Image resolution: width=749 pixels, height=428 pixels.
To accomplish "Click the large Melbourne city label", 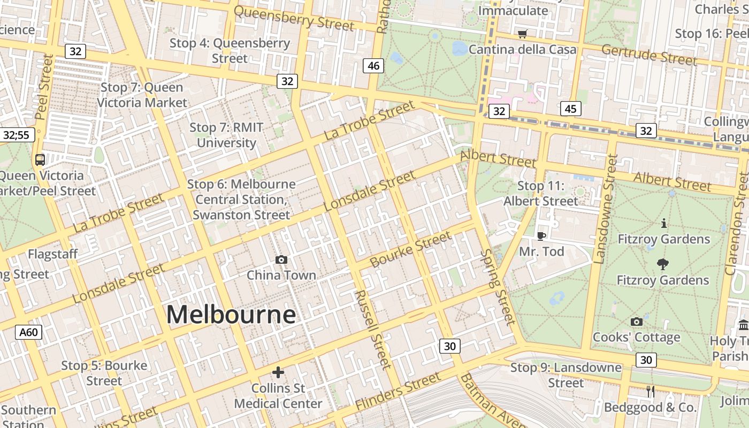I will pos(231,315).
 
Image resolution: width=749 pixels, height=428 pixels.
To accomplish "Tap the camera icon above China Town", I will pos(281,260).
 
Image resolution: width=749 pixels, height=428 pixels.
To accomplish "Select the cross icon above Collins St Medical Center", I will pos(278,372).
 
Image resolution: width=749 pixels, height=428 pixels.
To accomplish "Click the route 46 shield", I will pos(373,66).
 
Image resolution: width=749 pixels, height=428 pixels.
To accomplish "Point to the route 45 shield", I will pos(570,109).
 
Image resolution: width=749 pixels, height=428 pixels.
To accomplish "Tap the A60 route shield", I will pos(28,332).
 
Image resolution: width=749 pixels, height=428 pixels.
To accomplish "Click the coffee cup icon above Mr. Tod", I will pos(541,236).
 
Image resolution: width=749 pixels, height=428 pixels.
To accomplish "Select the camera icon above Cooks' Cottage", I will pos(636,322).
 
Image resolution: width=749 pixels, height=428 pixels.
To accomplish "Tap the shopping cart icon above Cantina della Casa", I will pos(523,34).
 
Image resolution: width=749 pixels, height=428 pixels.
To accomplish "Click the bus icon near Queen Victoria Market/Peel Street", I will pos(40,159).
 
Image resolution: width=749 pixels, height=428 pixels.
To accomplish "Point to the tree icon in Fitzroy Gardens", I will pos(662,264).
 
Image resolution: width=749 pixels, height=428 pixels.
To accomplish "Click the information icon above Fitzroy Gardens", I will pos(664,223).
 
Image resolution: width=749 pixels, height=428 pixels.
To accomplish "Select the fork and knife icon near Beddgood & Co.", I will pos(651,392).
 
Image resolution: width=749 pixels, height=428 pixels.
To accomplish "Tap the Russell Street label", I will pos(373,329).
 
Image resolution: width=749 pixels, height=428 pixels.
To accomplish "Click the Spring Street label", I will pos(498,287).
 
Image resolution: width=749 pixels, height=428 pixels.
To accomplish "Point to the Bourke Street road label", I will pos(410,250).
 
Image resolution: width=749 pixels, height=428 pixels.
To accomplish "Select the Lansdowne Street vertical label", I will pos(606,209).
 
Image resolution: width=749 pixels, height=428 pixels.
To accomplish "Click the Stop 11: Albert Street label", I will pos(541,194).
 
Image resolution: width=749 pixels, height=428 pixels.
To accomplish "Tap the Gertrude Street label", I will pos(649,55).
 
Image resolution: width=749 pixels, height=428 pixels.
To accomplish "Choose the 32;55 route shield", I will pos(16,135).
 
